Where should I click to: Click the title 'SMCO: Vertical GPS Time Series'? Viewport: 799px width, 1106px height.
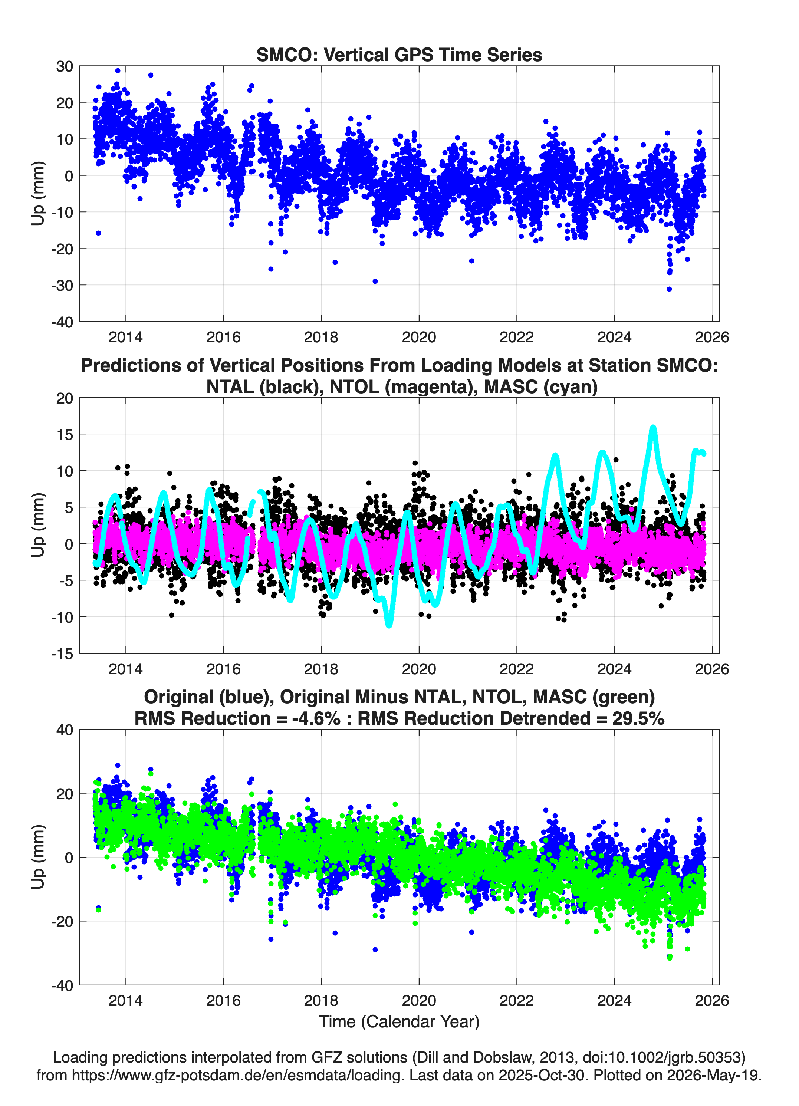399,55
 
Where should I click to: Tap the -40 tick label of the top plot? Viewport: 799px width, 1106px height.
62,322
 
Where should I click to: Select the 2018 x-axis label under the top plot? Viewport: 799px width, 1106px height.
321,337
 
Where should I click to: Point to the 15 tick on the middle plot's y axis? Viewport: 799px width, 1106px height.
65,434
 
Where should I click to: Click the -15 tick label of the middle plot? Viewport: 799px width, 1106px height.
62,654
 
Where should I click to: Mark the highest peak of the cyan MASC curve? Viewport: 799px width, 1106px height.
652,428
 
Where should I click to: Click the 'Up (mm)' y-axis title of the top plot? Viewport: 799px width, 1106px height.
38,193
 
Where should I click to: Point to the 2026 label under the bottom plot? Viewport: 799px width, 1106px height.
712,1000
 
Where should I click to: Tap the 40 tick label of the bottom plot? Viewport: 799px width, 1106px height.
65,730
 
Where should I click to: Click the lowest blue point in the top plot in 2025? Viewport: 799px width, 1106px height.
669,289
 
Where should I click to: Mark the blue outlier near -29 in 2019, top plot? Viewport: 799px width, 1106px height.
375,282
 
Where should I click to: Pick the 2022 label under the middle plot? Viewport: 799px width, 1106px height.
517,669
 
